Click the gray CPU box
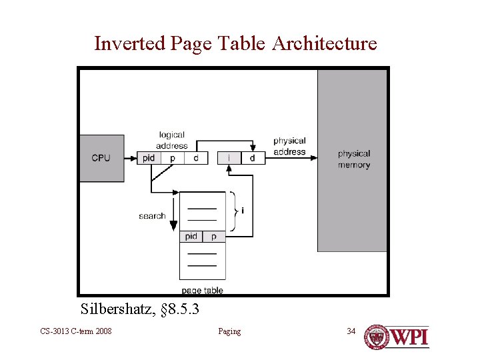101,158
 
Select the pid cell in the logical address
149,158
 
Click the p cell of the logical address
172,158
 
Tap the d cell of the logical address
195,158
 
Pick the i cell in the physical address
229,158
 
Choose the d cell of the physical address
252,158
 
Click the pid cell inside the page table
191,236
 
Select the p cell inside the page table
214,236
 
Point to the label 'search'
152,216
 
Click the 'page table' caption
202,290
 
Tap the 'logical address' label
172,140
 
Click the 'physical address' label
289,146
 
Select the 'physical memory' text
353,159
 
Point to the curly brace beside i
233,211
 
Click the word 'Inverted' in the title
130,44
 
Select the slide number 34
351,331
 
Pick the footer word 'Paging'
229,331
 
